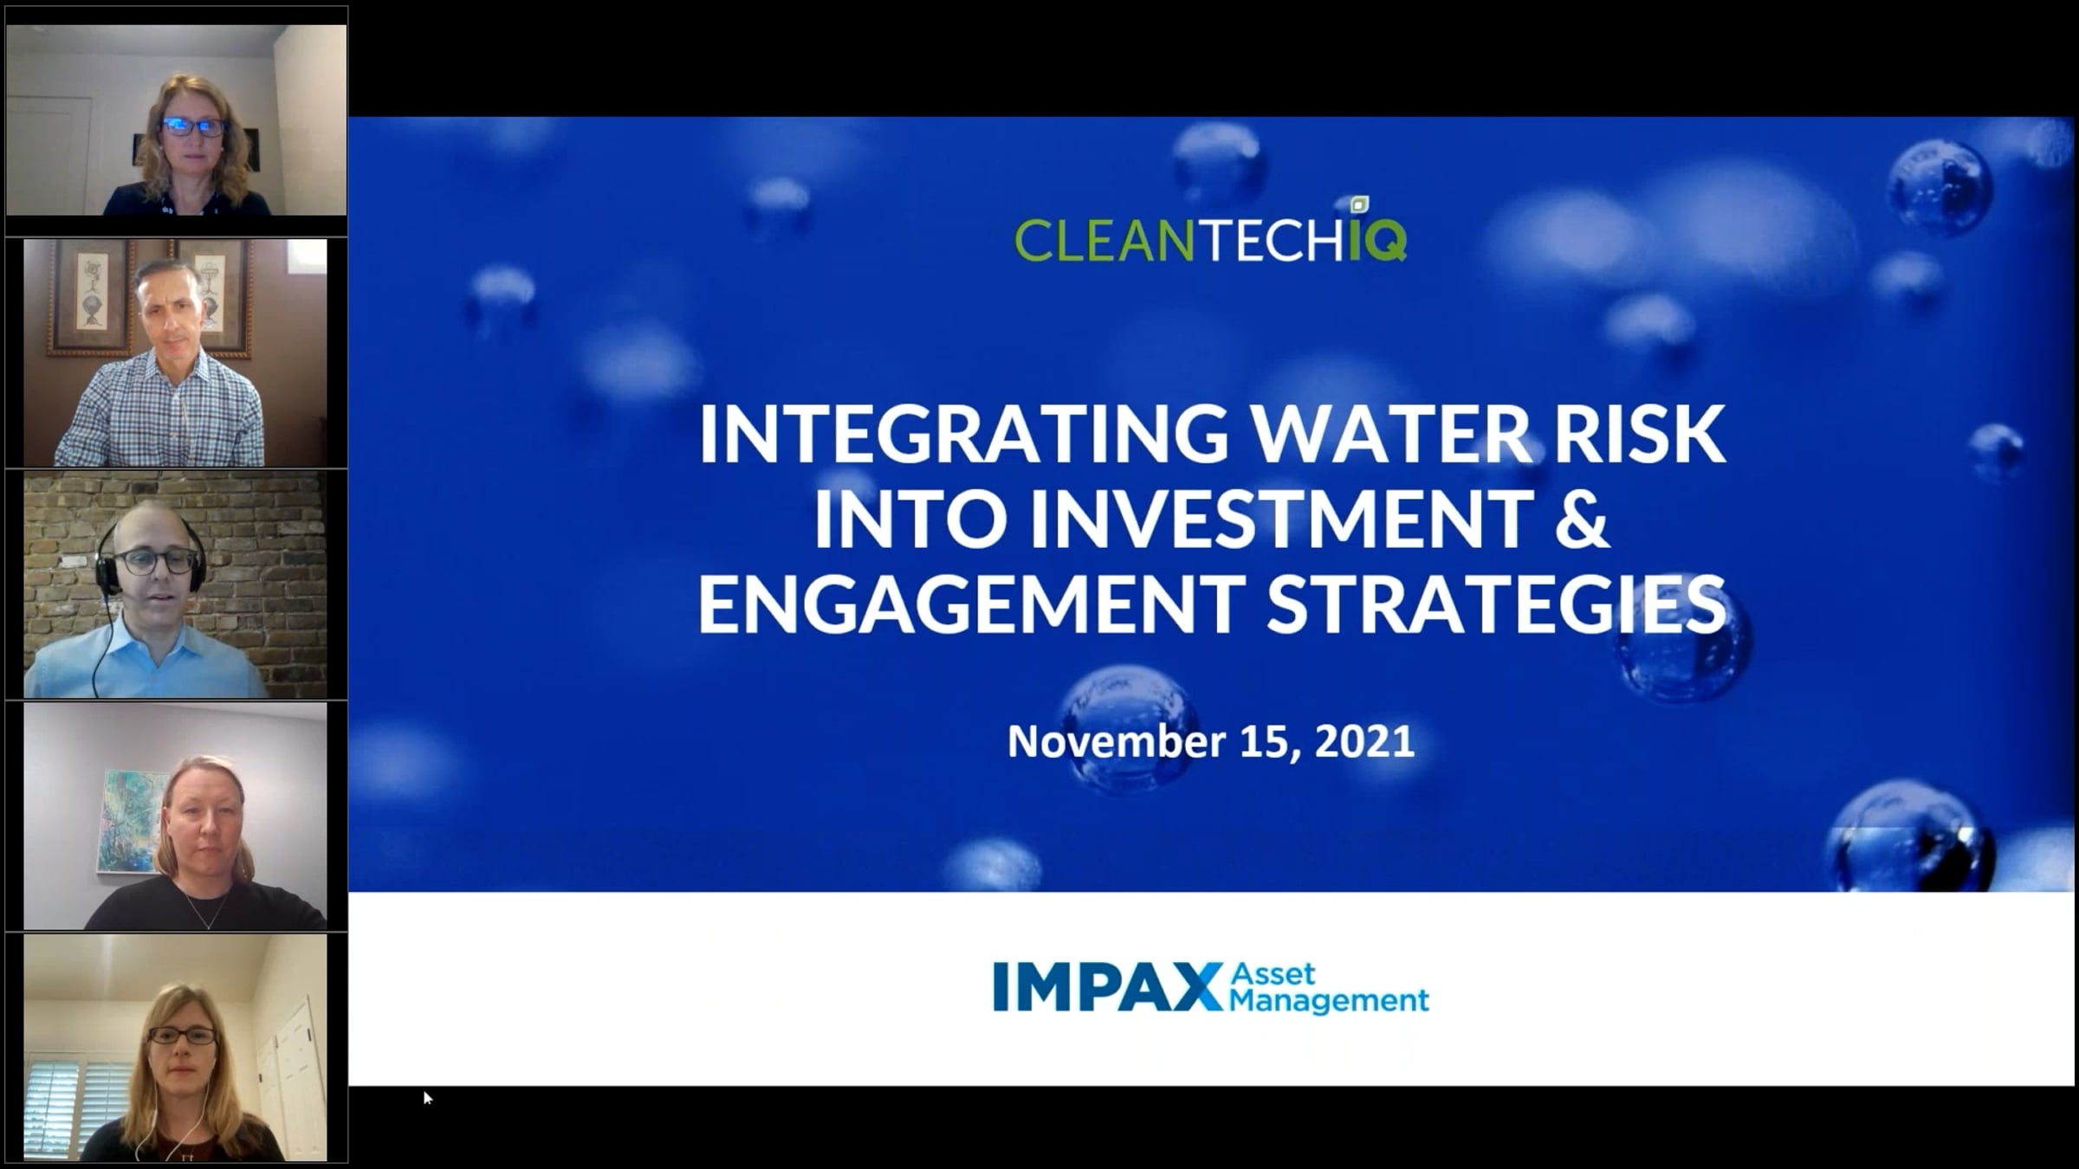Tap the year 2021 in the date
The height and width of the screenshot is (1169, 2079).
coord(1364,742)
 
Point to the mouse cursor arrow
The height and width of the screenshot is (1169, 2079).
coord(427,1097)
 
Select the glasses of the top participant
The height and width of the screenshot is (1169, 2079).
coord(193,126)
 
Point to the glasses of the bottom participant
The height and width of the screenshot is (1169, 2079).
coord(183,1036)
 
